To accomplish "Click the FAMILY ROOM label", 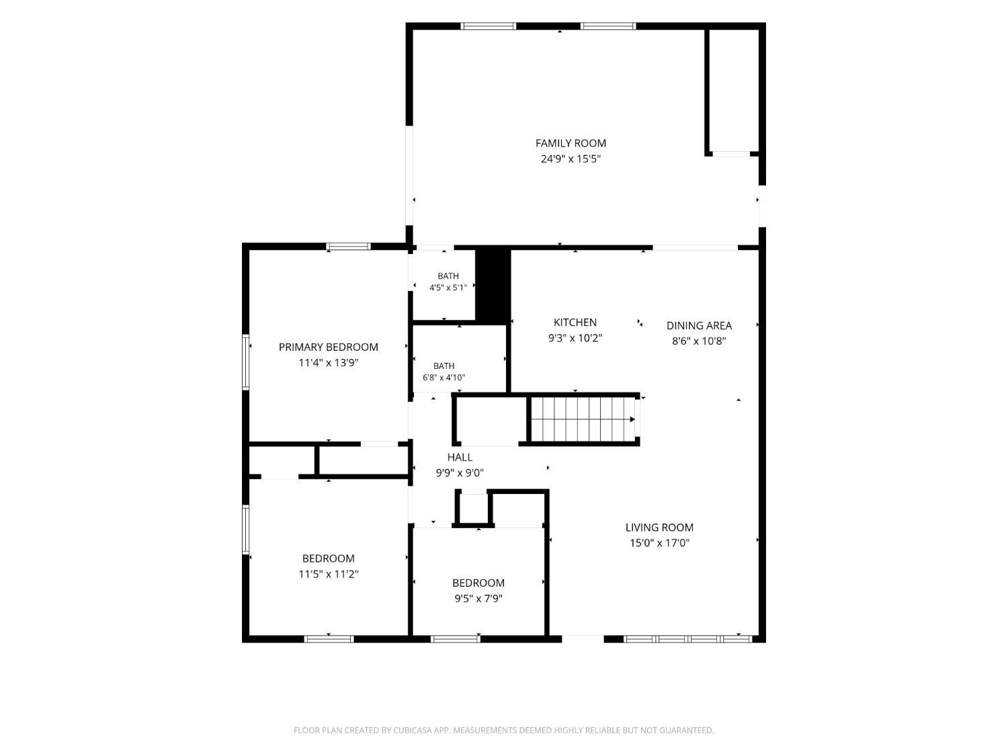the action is tap(571, 143).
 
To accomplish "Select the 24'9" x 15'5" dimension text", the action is tap(571, 159).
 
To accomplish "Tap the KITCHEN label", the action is tap(575, 323).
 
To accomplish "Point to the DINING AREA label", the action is tap(699, 325).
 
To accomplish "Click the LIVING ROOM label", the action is tap(659, 528).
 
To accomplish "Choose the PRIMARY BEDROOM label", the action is tap(329, 347).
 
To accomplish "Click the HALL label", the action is tap(460, 457).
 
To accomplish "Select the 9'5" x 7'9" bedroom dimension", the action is tap(478, 599).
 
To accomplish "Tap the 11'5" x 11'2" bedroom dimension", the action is tap(329, 575).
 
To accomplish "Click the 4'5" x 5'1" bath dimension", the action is tap(448, 288).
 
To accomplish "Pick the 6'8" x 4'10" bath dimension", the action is tap(444, 378).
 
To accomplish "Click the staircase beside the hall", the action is tap(583, 419).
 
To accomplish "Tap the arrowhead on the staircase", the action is tap(632, 419).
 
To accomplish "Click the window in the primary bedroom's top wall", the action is tap(348, 247).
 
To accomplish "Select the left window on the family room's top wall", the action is tap(488, 26).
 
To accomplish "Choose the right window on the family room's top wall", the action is tap(608, 26).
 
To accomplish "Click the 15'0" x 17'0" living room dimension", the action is tap(659, 543).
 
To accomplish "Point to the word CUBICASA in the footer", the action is tap(412, 730).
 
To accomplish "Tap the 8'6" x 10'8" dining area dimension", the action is tap(699, 341).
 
